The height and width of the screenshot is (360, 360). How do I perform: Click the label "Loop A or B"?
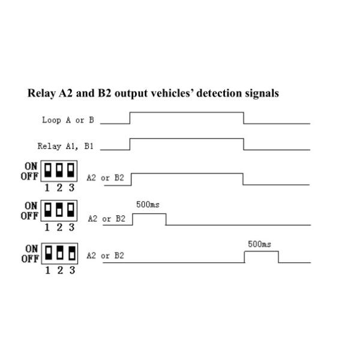click(68, 120)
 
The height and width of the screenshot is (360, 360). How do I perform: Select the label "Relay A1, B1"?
click(65, 146)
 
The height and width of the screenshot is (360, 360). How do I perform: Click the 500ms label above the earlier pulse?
click(149, 205)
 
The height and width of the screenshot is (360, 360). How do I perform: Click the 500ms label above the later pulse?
click(260, 244)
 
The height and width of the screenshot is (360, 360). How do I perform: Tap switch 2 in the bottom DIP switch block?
click(59, 253)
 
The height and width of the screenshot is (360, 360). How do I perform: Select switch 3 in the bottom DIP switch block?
click(71, 253)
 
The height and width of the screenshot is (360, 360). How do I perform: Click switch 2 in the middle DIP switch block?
click(59, 210)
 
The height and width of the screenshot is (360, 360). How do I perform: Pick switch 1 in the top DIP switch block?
click(48, 170)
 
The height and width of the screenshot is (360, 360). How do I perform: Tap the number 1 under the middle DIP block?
click(48, 227)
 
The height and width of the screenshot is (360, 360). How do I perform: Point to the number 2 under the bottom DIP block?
click(59, 270)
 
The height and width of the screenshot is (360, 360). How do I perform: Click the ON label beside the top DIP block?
click(31, 165)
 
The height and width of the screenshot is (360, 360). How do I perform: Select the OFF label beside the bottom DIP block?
click(30, 259)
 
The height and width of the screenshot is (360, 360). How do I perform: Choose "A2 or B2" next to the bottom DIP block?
click(105, 256)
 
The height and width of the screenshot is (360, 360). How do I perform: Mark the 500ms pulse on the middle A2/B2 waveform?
click(149, 215)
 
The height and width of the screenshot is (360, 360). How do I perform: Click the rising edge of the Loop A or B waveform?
click(130, 118)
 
